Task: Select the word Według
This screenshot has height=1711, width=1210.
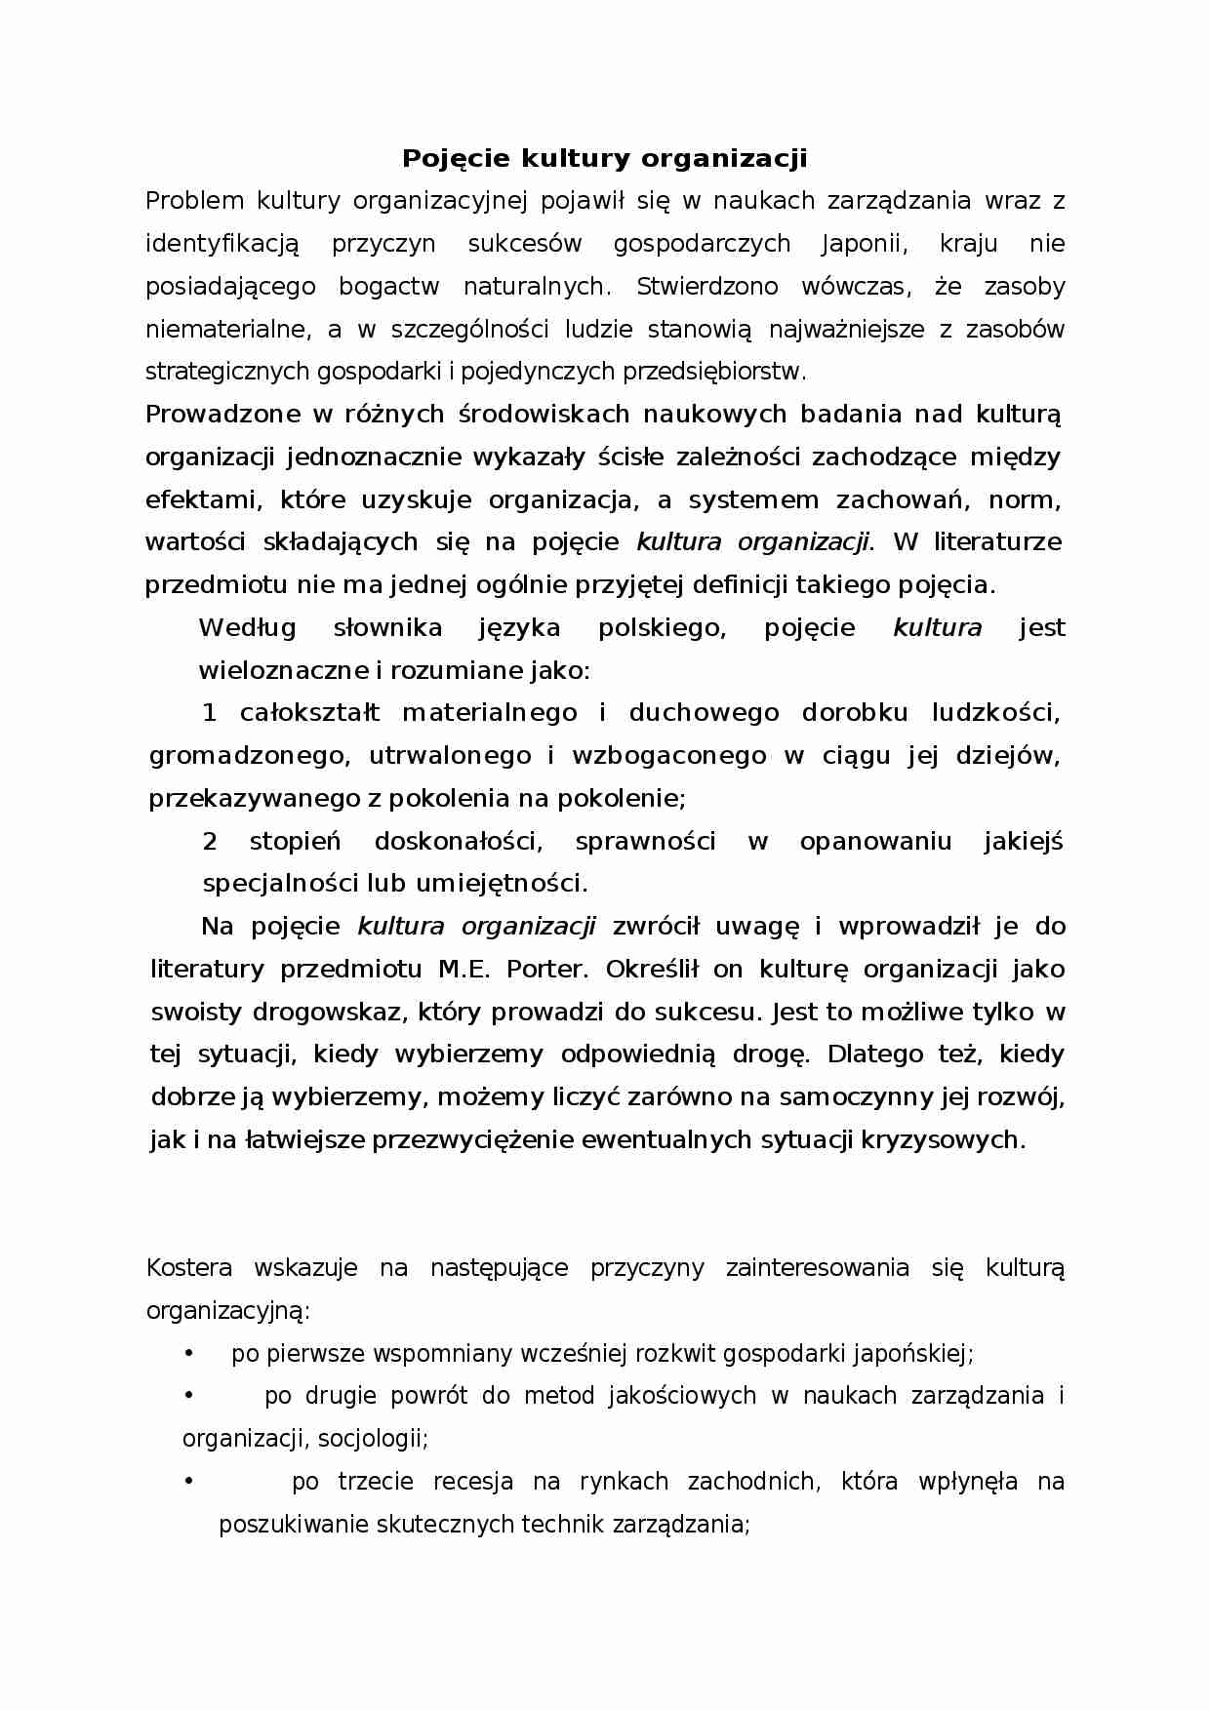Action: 247,627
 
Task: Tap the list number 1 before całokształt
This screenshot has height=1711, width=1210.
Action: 209,713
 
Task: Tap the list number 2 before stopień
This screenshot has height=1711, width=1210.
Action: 210,841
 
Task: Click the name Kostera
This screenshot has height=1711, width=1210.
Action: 188,1268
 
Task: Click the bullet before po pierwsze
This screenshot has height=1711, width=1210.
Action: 189,1354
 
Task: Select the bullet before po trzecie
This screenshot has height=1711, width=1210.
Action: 189,1482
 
